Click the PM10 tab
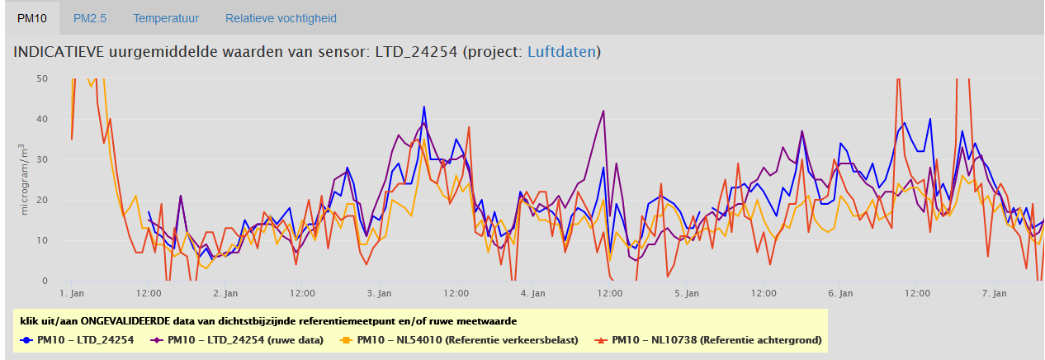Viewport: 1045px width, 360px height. coord(31,18)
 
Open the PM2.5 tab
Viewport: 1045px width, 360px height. coord(89,18)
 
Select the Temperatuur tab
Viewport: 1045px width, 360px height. coord(166,18)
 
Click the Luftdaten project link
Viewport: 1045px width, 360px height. coord(561,52)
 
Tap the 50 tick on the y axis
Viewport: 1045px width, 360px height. coord(43,78)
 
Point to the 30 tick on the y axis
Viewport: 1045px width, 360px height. coord(43,159)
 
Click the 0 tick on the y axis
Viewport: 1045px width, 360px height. coord(45,282)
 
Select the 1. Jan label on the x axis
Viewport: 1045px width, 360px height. coord(72,293)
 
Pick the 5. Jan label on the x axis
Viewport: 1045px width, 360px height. coord(687,293)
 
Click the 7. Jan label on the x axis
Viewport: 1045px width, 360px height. coord(995,293)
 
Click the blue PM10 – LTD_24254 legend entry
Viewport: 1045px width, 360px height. coord(78,339)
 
